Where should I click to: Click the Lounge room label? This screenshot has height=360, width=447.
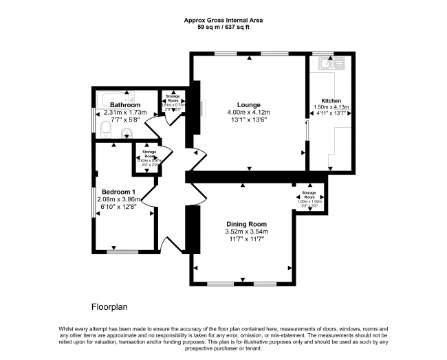(x=249, y=104)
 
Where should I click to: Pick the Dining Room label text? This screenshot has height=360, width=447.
(x=247, y=225)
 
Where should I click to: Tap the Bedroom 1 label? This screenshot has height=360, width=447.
(x=118, y=191)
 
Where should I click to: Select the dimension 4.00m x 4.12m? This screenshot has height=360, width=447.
(x=249, y=113)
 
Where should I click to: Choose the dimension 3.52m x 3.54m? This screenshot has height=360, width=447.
(x=247, y=232)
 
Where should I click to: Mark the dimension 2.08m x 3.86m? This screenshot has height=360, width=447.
(x=119, y=199)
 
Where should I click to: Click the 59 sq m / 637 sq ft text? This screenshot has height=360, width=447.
(x=224, y=27)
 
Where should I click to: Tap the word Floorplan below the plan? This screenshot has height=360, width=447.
(x=110, y=306)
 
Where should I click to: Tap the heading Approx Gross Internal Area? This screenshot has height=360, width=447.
(x=224, y=20)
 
